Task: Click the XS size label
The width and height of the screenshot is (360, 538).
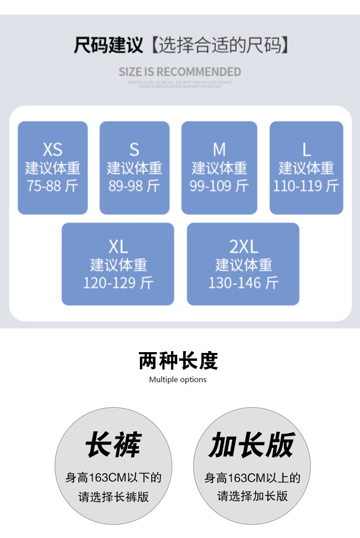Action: (x=52, y=149)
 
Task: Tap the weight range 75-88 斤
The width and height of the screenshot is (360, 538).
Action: (x=52, y=186)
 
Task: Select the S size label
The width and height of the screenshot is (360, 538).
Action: (x=134, y=149)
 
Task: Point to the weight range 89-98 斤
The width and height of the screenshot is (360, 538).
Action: (x=134, y=186)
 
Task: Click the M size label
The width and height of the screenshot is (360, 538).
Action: (x=219, y=149)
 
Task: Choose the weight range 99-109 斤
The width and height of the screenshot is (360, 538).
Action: (x=219, y=186)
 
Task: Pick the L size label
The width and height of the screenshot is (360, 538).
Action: (x=306, y=149)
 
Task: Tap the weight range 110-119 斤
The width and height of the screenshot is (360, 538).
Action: (x=306, y=186)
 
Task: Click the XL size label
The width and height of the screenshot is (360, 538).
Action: (x=118, y=247)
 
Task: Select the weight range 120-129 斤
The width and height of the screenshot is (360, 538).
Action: (x=118, y=283)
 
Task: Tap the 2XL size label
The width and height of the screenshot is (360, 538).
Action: (x=243, y=247)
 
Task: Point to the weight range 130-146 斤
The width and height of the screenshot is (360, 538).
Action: (x=243, y=283)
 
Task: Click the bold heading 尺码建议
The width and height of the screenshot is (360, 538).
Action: (x=108, y=46)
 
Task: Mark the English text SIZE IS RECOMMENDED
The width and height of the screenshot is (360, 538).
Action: (x=180, y=72)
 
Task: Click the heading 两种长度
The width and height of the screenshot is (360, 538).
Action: (x=178, y=361)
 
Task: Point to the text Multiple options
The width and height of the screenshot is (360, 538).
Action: (x=178, y=379)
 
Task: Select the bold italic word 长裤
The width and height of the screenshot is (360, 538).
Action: (x=113, y=445)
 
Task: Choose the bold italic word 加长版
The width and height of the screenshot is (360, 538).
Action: (x=252, y=445)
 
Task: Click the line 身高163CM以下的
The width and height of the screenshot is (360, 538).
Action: (x=113, y=478)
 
